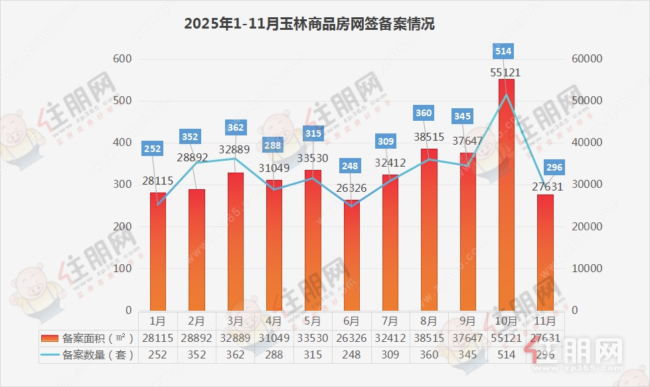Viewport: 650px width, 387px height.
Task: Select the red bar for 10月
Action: [x=506, y=196]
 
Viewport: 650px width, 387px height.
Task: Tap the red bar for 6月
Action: [x=351, y=256]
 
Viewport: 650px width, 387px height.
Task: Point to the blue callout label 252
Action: [x=153, y=149]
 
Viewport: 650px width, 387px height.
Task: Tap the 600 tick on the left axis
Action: [x=123, y=59]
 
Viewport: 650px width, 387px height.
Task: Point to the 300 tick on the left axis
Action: [x=123, y=185]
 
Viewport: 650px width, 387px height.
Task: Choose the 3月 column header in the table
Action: [x=235, y=321]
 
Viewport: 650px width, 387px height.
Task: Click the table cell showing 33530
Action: [x=313, y=338]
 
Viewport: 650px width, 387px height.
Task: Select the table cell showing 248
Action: [x=351, y=355]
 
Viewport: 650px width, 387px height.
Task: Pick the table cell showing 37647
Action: [x=467, y=338]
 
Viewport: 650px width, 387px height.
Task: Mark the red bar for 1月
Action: [x=158, y=252]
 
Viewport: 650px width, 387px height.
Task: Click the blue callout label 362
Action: [x=235, y=127]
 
